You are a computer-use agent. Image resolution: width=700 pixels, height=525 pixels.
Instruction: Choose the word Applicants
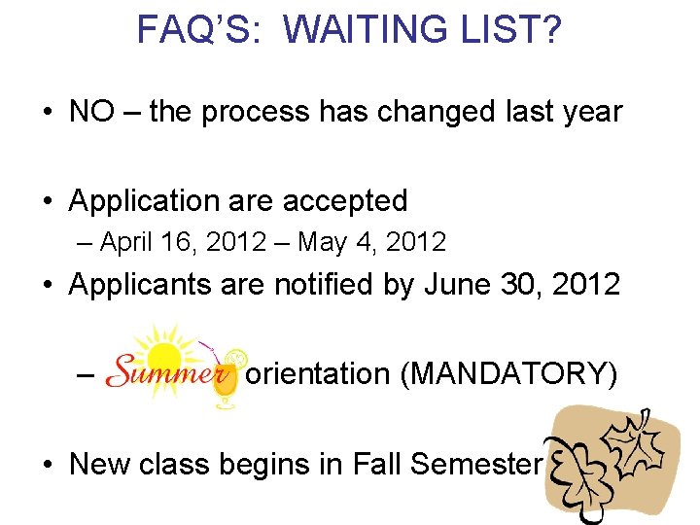[x=144, y=285]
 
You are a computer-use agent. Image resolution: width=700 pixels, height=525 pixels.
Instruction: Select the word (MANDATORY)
[x=508, y=373]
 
